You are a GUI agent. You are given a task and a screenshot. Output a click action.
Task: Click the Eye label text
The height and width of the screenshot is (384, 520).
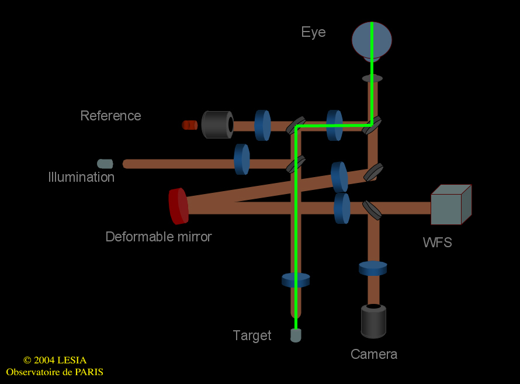313,32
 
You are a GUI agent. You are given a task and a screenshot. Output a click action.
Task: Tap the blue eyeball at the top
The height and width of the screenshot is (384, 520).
372,40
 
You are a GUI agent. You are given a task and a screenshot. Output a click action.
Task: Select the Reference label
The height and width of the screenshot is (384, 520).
110,116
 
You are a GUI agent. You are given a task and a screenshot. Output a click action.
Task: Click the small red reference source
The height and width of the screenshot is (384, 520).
190,124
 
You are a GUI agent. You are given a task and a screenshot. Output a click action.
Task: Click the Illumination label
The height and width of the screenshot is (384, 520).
81,177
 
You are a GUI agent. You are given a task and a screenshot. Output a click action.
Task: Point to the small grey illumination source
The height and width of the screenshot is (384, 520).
105,164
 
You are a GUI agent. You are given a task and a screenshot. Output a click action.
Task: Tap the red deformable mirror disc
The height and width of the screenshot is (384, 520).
178,206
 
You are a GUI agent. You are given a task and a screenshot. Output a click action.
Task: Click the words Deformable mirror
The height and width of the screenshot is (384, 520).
158,237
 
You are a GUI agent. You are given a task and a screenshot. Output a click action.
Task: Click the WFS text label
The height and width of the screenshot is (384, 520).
438,242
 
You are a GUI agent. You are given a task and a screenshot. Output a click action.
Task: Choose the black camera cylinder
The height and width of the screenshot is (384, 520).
373,321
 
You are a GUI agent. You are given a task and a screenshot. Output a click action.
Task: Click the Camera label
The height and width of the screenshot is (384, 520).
374,354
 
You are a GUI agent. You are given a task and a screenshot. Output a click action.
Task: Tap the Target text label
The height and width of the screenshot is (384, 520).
252,335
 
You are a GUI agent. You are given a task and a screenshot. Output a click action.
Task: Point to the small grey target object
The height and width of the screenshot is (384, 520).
296,335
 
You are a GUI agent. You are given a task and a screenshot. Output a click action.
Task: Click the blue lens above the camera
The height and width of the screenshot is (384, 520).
373,268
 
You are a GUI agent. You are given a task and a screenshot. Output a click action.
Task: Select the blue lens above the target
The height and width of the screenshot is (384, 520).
296,280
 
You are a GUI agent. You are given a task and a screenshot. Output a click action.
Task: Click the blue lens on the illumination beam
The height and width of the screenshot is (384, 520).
242,159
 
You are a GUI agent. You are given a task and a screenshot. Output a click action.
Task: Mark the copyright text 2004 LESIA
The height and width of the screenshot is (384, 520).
55,361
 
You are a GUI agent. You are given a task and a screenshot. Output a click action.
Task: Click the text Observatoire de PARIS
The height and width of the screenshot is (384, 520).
55,372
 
